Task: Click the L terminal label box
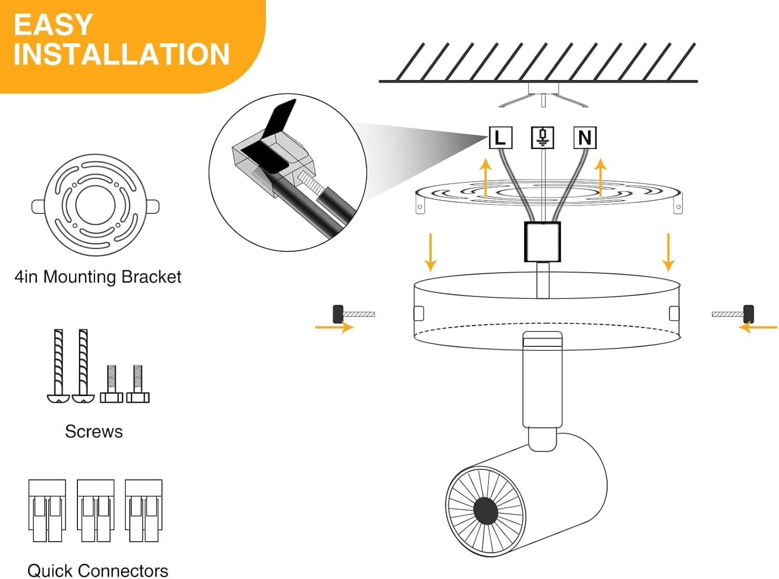[501, 138]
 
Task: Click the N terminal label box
[584, 138]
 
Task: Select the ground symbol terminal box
[542, 138]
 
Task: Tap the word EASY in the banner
[53, 24]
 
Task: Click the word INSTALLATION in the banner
[122, 55]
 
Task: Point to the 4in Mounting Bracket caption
[98, 277]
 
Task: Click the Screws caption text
[94, 432]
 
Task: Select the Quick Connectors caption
[98, 570]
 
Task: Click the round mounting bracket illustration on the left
[96, 205]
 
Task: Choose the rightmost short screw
[138, 384]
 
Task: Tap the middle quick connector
[96, 511]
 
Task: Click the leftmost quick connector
[47, 511]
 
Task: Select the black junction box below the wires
[542, 242]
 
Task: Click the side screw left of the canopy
[353, 314]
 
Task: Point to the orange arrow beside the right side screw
[758, 328]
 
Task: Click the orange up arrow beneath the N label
[601, 177]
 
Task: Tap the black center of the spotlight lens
[486, 510]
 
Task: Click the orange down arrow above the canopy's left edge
[430, 252]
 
